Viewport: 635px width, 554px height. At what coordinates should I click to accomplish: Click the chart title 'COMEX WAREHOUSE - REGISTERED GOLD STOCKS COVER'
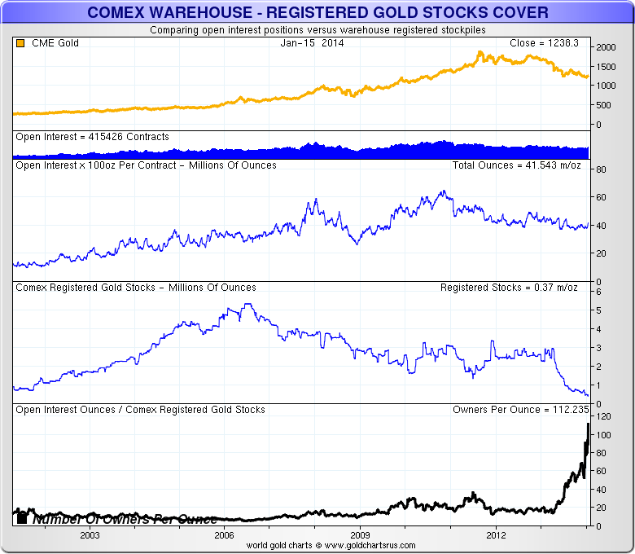pyautogui.click(x=317, y=13)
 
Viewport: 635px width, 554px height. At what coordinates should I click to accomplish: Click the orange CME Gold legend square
pyautogui.click(x=20, y=43)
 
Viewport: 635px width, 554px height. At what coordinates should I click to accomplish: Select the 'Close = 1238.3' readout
pyautogui.click(x=544, y=43)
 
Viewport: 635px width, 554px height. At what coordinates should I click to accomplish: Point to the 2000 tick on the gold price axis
pyautogui.click(x=605, y=48)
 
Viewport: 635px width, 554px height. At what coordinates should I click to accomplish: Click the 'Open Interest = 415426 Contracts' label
pyautogui.click(x=92, y=137)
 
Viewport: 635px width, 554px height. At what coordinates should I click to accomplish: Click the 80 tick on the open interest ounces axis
pyautogui.click(x=601, y=170)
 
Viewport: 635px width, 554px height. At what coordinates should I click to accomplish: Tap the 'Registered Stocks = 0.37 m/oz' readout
pyautogui.click(x=510, y=288)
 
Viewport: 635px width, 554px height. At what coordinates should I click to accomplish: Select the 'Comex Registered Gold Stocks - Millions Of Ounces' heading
pyautogui.click(x=136, y=288)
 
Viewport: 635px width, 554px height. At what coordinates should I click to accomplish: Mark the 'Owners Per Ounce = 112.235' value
pyautogui.click(x=515, y=410)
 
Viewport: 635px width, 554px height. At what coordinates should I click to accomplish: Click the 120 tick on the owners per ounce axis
pyautogui.click(x=603, y=415)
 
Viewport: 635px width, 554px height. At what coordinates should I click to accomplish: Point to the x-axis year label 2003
pyautogui.click(x=90, y=535)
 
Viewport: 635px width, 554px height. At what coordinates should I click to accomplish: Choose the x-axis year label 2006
pyautogui.click(x=225, y=535)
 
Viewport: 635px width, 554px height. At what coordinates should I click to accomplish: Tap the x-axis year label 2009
pyautogui.click(x=361, y=535)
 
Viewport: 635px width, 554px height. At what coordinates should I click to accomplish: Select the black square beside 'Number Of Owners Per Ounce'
pyautogui.click(x=22, y=518)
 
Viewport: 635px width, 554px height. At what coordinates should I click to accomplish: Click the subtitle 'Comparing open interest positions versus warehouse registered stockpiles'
pyautogui.click(x=317, y=29)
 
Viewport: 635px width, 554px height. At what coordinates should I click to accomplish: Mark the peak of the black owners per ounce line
pyautogui.click(x=588, y=424)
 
